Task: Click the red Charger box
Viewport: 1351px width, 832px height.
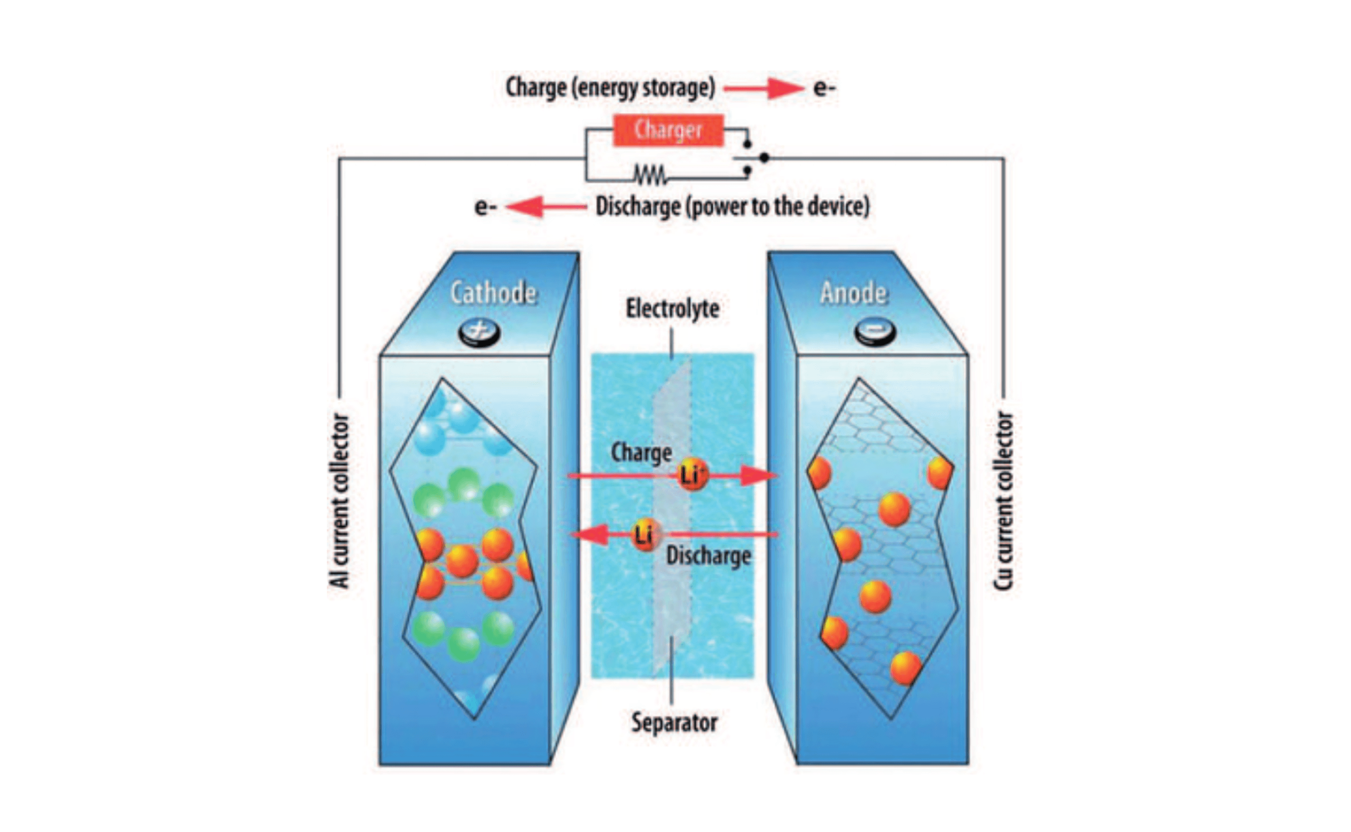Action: coord(668,131)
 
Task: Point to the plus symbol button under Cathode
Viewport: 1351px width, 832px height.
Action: coord(479,332)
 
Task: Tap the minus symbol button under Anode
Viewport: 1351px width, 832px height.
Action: coord(875,331)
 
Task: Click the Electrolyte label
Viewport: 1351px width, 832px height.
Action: coord(673,309)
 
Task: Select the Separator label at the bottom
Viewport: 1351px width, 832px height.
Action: coord(674,722)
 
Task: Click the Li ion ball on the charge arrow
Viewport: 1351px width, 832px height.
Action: coord(692,474)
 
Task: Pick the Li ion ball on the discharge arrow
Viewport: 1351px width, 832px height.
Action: coord(645,534)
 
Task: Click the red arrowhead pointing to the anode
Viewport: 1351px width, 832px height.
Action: coord(758,475)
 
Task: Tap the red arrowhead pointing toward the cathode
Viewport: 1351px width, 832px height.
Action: coord(590,534)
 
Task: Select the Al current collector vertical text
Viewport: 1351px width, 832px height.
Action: coord(340,501)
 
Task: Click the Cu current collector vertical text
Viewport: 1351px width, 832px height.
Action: coord(1003,501)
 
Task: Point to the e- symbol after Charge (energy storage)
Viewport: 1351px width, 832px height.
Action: coord(824,88)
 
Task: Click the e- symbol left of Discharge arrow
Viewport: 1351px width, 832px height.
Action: coord(485,207)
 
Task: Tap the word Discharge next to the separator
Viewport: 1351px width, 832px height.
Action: coord(708,556)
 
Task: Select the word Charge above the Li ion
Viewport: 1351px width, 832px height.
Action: coord(642,453)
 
